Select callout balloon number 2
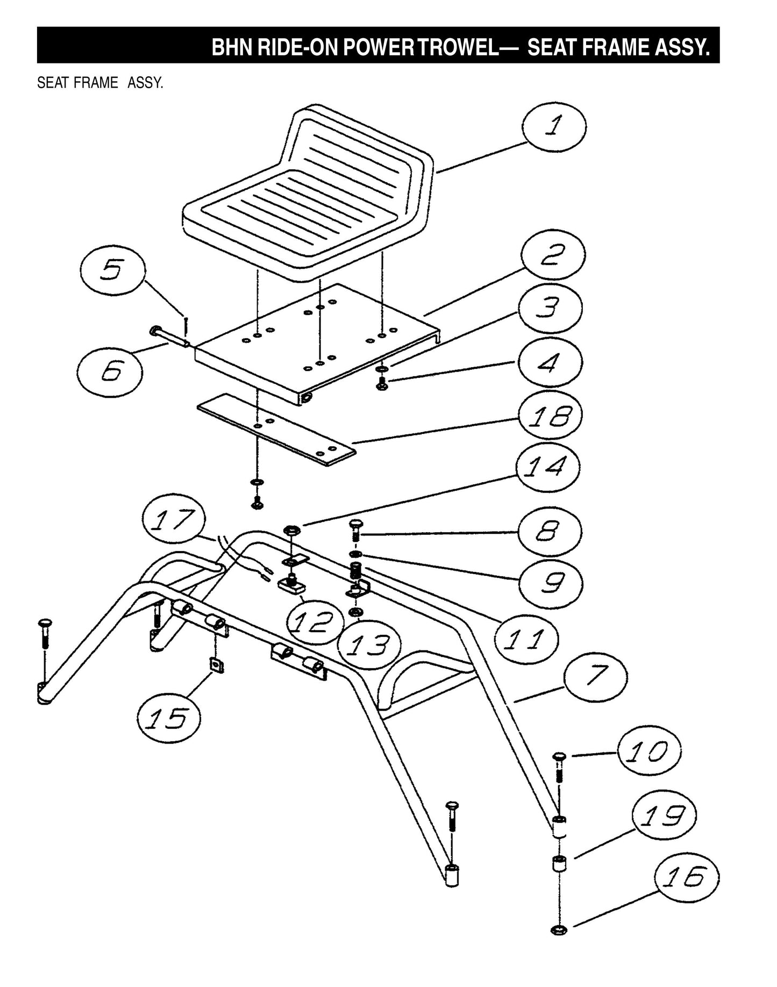[553, 256]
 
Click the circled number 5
[112, 270]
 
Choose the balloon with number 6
[110, 370]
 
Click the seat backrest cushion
[355, 145]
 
